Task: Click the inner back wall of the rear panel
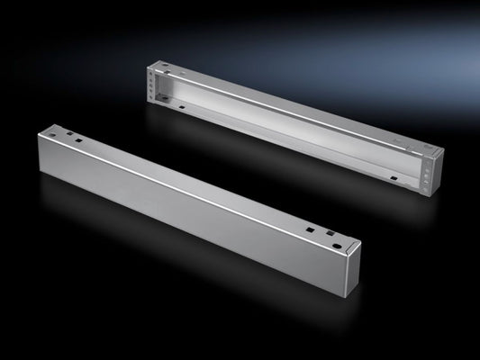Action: [288, 117]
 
